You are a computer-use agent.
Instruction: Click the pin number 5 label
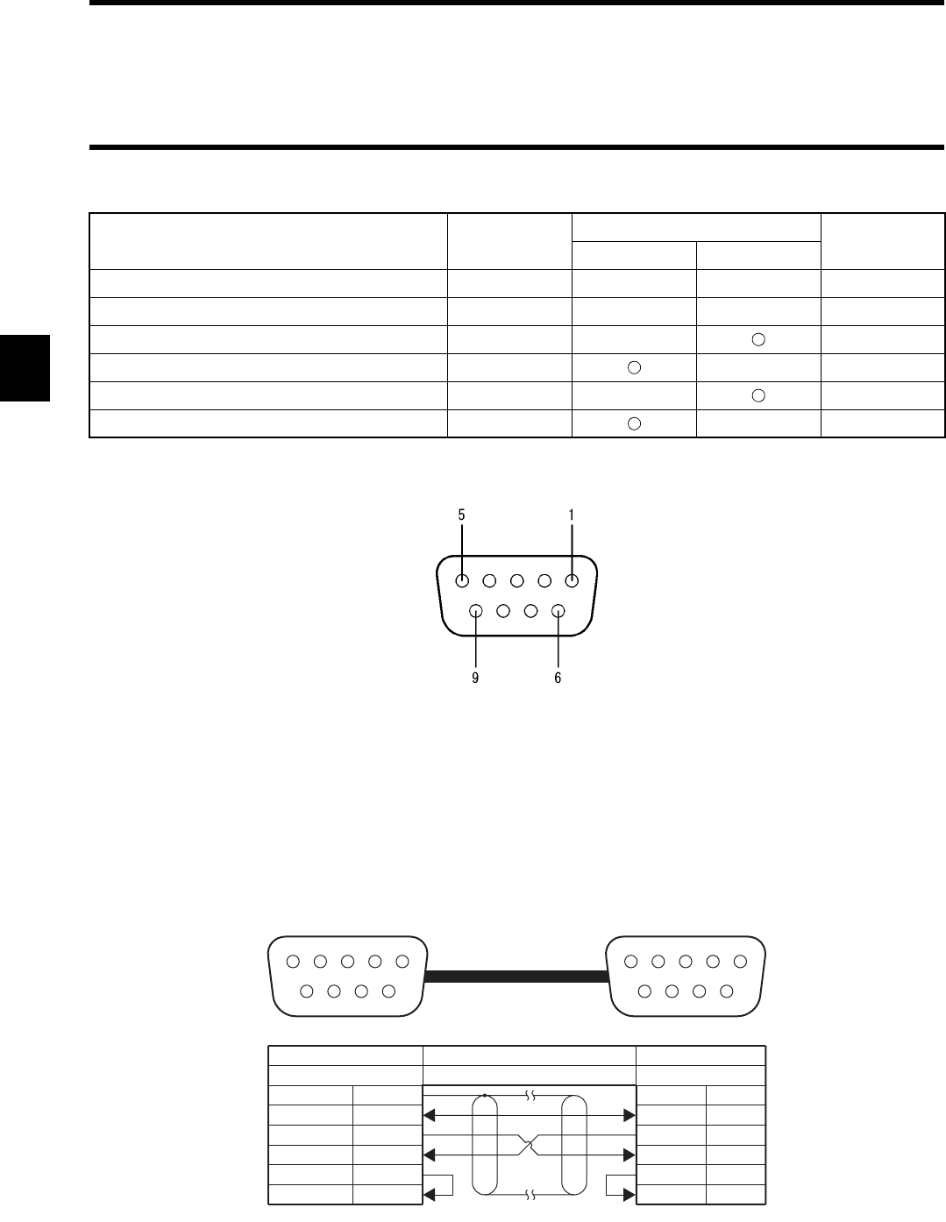(x=461, y=515)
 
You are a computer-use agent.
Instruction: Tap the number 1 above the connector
(x=572, y=515)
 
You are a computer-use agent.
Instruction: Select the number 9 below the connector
(x=475, y=678)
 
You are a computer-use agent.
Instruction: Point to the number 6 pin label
(x=558, y=678)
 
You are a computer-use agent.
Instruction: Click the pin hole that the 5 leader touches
(x=462, y=579)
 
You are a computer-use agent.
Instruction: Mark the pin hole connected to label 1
(x=572, y=579)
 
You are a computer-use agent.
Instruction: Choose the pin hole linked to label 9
(x=476, y=611)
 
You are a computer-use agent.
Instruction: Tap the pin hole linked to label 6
(x=558, y=611)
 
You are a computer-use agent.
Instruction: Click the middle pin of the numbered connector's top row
(x=517, y=579)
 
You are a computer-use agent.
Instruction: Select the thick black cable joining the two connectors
(x=516, y=975)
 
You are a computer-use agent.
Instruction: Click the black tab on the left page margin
(x=25, y=367)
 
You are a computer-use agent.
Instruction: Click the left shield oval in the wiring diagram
(x=485, y=1144)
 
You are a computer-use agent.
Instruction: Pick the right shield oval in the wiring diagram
(x=573, y=1144)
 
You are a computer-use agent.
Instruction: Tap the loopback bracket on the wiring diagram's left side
(x=443, y=1184)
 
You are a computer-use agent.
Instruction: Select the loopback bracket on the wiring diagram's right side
(x=614, y=1184)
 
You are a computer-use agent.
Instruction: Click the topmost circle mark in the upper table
(x=759, y=339)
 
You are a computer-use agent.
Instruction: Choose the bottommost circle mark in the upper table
(x=635, y=423)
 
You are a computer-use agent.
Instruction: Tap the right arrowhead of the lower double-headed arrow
(x=629, y=1155)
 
